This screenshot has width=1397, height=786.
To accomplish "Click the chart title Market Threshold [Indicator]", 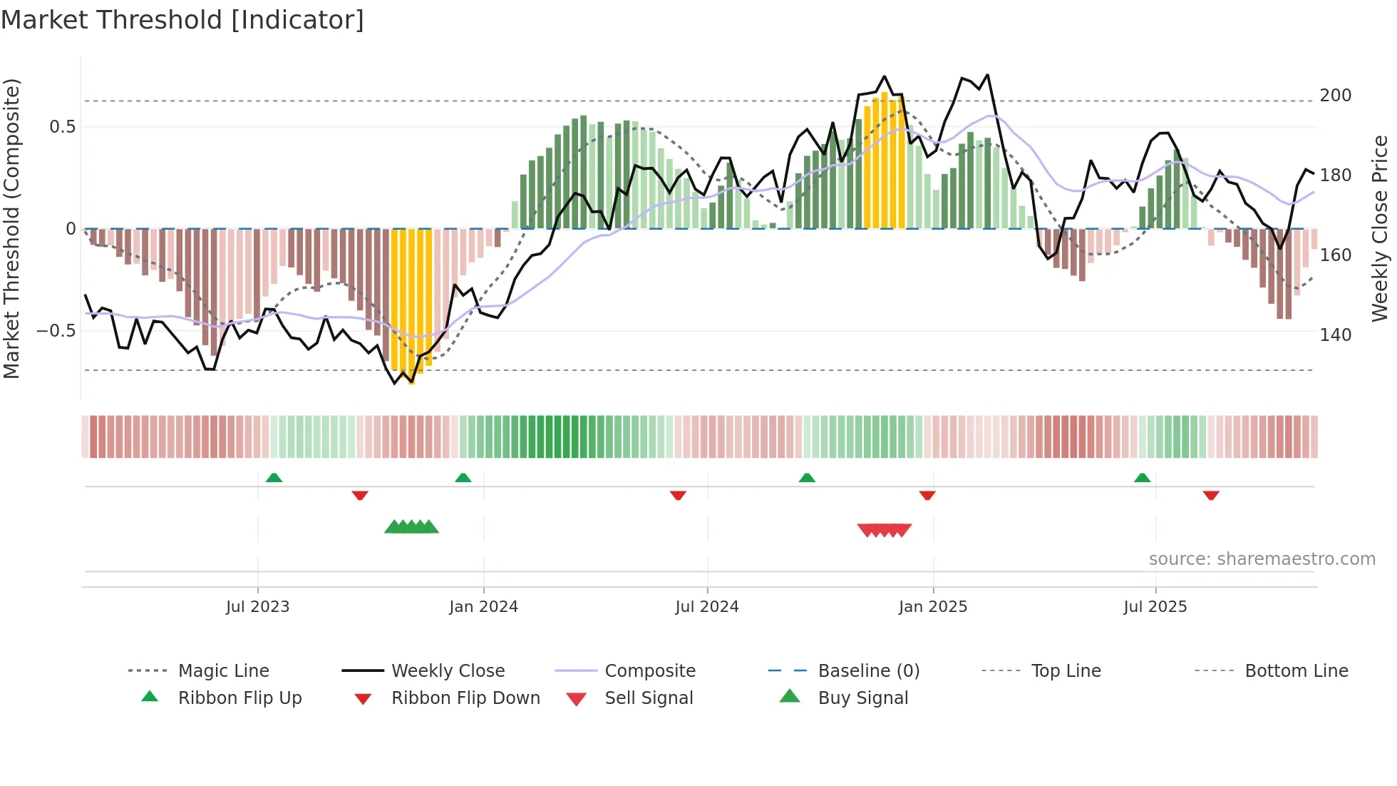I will click(x=182, y=20).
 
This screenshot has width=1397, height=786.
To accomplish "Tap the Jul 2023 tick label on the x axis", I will click(x=257, y=607).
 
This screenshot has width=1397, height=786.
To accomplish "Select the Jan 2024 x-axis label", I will click(x=483, y=607).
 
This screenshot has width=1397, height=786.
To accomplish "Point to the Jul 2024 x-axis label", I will click(x=706, y=607).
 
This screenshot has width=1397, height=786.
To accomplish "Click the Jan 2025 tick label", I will click(x=932, y=607).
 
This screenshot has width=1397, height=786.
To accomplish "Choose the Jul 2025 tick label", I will click(x=1155, y=607).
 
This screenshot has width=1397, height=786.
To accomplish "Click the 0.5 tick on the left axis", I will click(x=62, y=127).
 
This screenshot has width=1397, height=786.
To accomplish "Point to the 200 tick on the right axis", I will click(x=1335, y=96).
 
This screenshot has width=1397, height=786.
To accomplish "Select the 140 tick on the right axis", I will click(x=1335, y=335).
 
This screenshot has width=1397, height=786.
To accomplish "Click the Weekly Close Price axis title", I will click(x=1380, y=228).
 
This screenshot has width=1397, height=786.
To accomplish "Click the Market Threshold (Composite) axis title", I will click(x=11, y=228).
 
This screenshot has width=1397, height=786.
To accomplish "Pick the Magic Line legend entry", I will click(x=223, y=671).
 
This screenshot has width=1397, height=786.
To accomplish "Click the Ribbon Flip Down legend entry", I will click(x=465, y=698).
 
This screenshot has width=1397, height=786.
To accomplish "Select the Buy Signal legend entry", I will click(x=862, y=698).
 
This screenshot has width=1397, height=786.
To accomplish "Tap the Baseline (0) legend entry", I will click(x=868, y=671).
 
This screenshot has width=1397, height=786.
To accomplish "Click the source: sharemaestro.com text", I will click(x=1262, y=559).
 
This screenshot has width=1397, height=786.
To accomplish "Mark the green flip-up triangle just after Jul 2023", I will click(x=274, y=478).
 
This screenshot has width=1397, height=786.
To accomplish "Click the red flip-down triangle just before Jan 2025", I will click(x=927, y=495).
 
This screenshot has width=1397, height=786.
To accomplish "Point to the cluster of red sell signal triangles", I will click(x=884, y=530).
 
